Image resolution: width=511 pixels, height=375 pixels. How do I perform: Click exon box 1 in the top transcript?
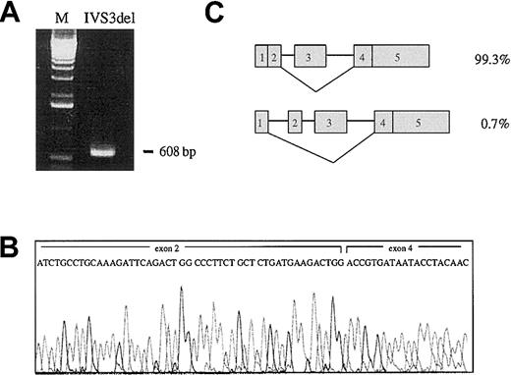click(x=260, y=57)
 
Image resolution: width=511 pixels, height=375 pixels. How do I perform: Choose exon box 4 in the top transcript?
click(x=363, y=57)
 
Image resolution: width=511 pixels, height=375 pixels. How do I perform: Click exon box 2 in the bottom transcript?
click(x=295, y=124)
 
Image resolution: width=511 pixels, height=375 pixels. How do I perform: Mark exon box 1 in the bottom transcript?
click(x=260, y=124)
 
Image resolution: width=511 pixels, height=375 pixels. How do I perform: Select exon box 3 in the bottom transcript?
click(x=331, y=124)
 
